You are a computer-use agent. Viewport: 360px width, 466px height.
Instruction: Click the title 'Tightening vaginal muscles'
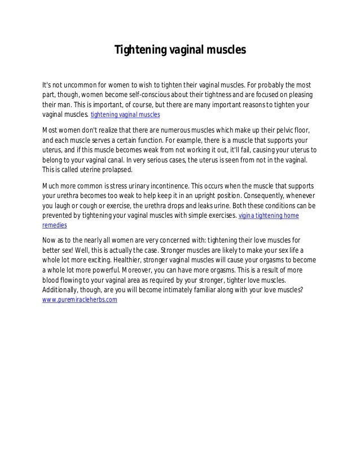pyautogui.click(x=181, y=50)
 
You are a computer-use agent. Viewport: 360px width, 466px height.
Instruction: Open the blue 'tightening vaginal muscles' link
pyautogui.click(x=125, y=115)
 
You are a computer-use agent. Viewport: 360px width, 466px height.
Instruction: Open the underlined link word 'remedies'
pyautogui.click(x=55, y=226)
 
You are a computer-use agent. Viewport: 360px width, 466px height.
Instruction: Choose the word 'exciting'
pyautogui.click(x=129, y=261)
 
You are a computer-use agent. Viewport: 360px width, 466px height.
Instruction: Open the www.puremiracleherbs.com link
pyautogui.click(x=80, y=301)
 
